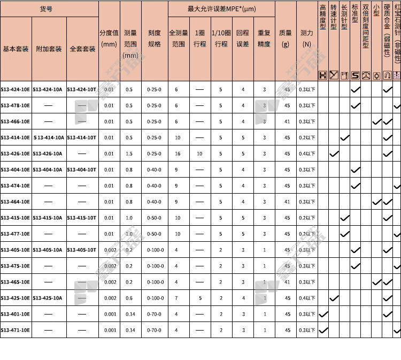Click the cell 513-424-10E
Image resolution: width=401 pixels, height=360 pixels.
16,89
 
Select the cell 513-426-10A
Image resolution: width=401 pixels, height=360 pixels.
48,154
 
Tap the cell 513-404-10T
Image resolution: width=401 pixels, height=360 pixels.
82,170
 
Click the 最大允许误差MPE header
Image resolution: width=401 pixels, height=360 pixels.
221,9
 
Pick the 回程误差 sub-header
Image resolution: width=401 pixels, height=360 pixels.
243,38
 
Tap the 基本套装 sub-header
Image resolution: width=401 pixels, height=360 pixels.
16,49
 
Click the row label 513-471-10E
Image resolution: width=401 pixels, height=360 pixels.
16,330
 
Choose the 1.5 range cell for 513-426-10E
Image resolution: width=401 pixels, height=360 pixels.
130,154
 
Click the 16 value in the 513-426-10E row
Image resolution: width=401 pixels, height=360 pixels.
178,154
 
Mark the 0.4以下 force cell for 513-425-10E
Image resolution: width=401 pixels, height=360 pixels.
306,298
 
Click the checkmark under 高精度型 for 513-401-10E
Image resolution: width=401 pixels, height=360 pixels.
323,314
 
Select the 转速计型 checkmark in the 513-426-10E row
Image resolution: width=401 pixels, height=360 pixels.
334,154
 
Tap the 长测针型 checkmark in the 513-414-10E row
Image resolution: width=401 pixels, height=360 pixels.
345,137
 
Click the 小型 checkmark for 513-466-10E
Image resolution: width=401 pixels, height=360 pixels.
377,121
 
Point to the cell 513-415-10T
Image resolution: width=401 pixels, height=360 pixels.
82,218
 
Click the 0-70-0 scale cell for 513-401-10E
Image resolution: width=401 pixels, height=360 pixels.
154,314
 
